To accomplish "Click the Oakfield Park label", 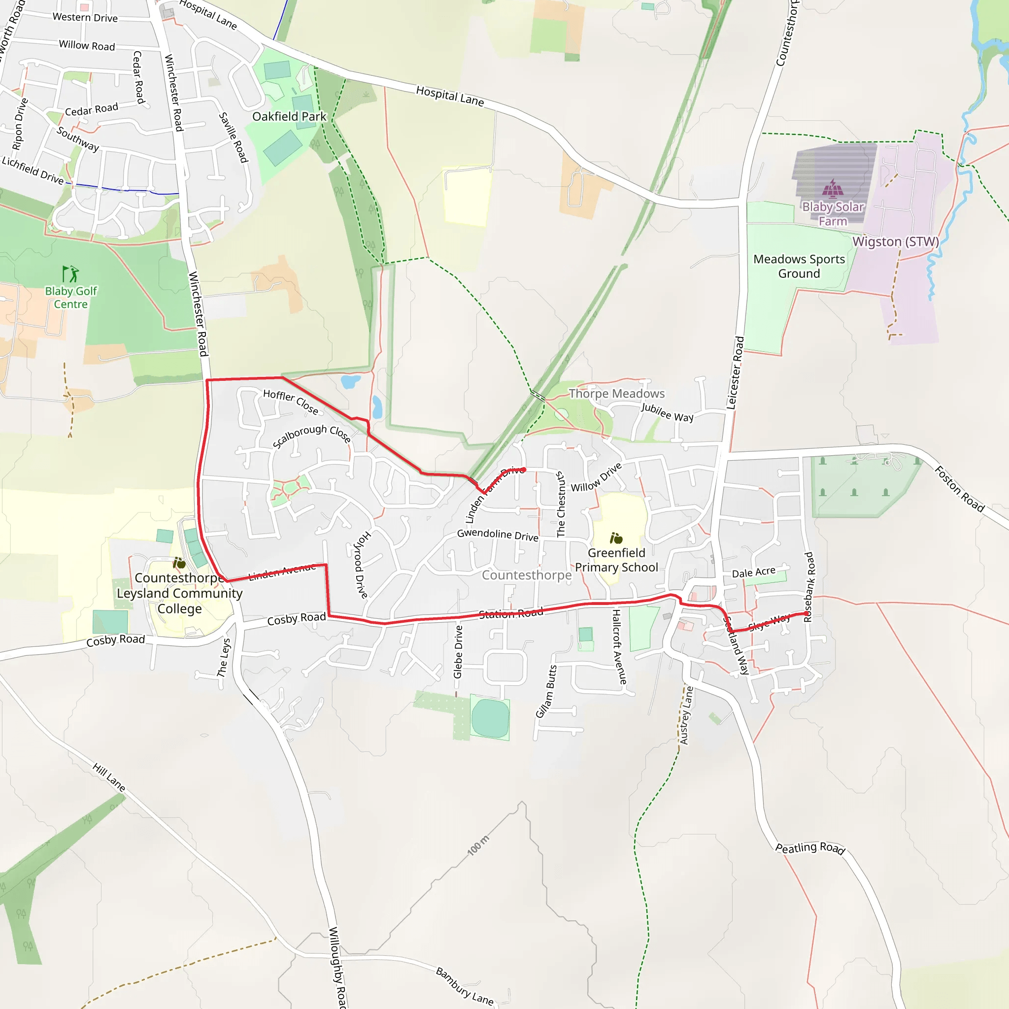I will click(289, 116).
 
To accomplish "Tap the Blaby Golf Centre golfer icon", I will click(70, 273).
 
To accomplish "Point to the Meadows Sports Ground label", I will click(799, 267).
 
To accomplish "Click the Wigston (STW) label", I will click(896, 242).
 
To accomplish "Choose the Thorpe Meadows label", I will click(616, 394).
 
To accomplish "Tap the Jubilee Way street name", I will click(667, 412).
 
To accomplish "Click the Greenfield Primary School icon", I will click(616, 538).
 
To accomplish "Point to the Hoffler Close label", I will click(290, 402).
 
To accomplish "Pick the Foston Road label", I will click(959, 489).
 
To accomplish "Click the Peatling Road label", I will click(809, 848).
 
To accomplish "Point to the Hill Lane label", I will click(108, 776).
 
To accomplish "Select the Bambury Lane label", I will click(464, 986).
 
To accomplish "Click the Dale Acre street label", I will click(753, 573).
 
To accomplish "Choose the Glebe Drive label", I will click(458, 652).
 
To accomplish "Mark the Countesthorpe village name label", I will click(527, 575).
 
